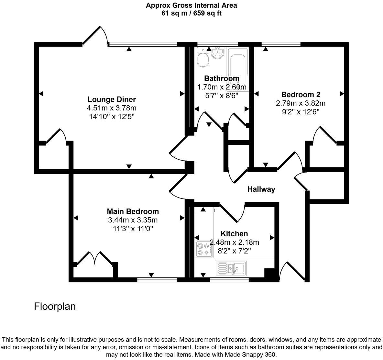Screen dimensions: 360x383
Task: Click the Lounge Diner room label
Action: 112,99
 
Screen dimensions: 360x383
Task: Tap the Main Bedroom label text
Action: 133,211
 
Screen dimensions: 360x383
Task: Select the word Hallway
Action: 261,189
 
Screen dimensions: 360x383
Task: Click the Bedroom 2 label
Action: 301,95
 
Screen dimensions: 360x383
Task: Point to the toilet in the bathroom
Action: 203,59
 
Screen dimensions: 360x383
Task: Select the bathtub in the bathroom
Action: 238,68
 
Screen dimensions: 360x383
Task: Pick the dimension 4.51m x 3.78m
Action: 112,108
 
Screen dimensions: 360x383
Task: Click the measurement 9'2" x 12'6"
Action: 301,112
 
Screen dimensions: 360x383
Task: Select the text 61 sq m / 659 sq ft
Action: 191,13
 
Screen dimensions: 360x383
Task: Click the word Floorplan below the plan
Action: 55,306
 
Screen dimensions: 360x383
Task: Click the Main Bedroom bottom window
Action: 157,279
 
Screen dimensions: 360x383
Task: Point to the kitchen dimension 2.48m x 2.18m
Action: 235,242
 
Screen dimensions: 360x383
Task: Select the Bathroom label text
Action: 222,78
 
